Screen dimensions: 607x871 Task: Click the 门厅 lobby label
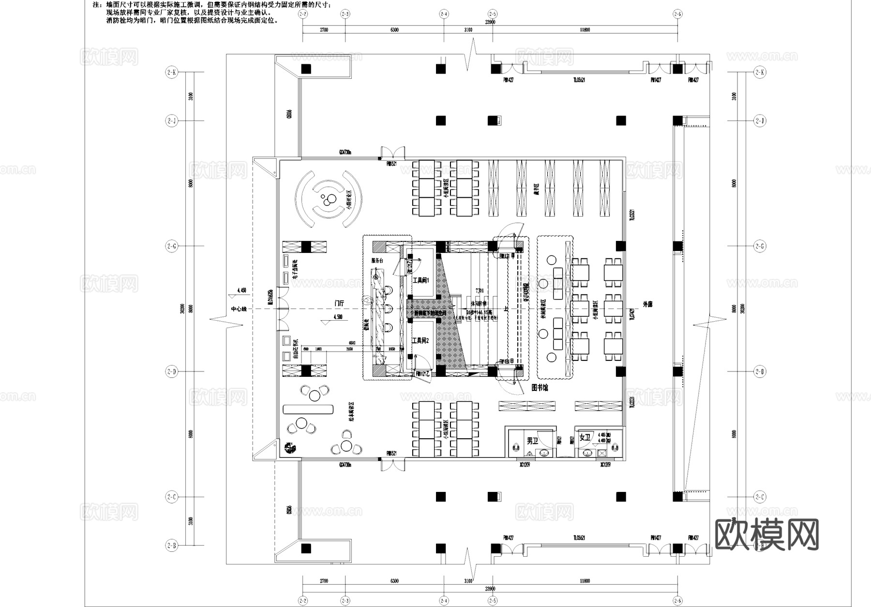339,303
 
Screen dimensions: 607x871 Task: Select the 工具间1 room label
420,280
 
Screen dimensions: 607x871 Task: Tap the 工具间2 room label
420,341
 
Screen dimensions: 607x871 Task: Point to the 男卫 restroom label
532,441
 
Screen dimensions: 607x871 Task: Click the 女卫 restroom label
585,438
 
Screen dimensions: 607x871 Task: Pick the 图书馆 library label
540,387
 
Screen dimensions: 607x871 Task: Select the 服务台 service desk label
377,261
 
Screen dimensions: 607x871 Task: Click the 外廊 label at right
647,305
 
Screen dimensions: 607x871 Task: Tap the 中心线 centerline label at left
239,309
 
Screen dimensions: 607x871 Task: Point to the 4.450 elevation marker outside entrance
241,290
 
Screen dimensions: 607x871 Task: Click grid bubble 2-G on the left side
171,246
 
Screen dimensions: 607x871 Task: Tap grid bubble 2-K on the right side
760,73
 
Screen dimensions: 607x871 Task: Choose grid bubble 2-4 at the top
444,14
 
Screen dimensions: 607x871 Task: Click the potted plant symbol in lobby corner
290,448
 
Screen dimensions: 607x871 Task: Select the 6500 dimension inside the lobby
352,342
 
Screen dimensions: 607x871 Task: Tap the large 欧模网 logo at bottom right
766,535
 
